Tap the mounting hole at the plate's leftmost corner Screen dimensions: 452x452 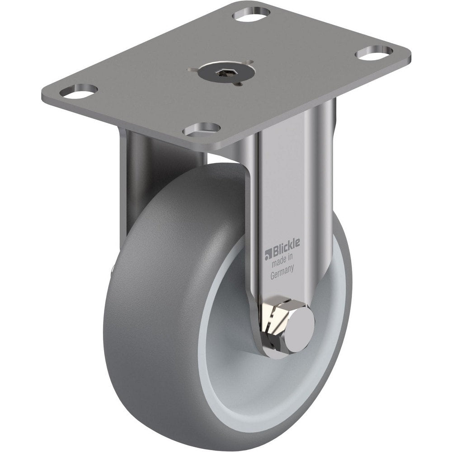pos(84,91)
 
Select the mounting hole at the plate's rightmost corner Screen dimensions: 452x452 pos(373,53)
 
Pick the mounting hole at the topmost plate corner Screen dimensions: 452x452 pos(251,14)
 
